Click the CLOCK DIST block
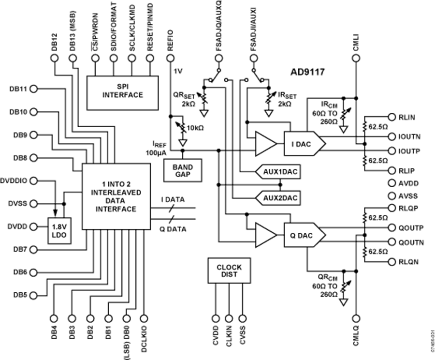click(229, 270)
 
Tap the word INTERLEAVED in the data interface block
click(116, 192)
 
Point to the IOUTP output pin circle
click(392, 151)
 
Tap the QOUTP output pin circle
click(392, 227)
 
